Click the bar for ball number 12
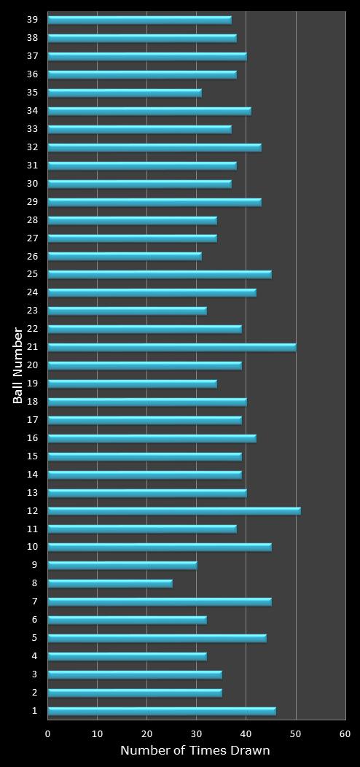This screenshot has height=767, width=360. pyautogui.click(x=174, y=511)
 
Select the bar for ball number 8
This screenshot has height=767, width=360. pyautogui.click(x=110, y=583)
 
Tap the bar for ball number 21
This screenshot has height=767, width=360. pyautogui.click(x=172, y=347)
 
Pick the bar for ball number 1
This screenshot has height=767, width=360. pyautogui.click(x=162, y=711)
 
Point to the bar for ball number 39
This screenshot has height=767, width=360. pyautogui.click(x=140, y=20)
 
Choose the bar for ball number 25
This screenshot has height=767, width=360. pyautogui.click(x=160, y=274)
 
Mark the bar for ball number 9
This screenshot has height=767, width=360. pyautogui.click(x=122, y=565)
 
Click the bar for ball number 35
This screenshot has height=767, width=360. pyautogui.click(x=125, y=93)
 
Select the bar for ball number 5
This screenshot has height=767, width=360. pyautogui.click(x=157, y=638)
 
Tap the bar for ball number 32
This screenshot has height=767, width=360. pyautogui.click(x=154, y=147)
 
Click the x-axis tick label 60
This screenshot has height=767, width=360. pyautogui.click(x=345, y=734)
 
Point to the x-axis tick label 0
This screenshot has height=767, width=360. pyautogui.click(x=48, y=734)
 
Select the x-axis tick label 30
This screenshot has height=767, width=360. pyautogui.click(x=197, y=734)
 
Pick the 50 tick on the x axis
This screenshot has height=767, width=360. pyautogui.click(x=296, y=734)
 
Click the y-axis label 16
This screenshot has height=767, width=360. pyautogui.click(x=34, y=438)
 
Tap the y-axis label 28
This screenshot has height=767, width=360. pyautogui.click(x=34, y=220)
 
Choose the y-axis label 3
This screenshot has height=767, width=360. pyautogui.click(x=34, y=674)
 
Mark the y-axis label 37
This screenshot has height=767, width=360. pyautogui.click(x=34, y=56)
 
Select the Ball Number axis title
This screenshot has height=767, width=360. pyautogui.click(x=18, y=365)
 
